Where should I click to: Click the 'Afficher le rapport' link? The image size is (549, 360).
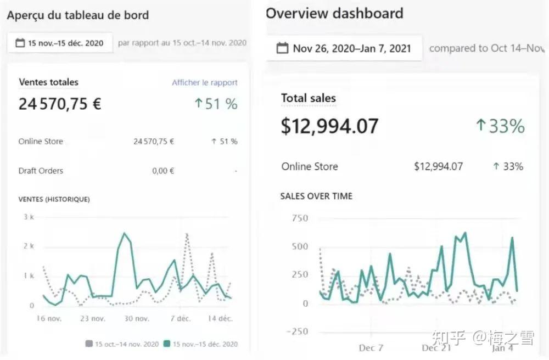click(204, 82)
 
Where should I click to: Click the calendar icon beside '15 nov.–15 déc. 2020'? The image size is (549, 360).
click(20, 43)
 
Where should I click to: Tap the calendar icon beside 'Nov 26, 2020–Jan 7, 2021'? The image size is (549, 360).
click(283, 48)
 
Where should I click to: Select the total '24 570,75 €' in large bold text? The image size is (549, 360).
click(60, 104)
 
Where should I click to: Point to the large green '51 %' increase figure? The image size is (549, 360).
click(216, 104)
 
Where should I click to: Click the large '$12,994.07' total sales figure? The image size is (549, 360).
click(329, 126)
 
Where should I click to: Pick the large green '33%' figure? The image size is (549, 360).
click(500, 126)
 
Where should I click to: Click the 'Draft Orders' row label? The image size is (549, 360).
click(41, 171)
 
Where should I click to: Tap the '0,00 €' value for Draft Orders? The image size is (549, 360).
click(163, 171)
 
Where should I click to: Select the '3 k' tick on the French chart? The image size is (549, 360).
click(29, 217)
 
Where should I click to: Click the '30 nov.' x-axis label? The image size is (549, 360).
click(137, 318)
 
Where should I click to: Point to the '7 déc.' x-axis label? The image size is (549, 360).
click(180, 318)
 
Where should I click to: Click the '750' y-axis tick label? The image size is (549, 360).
click(300, 218)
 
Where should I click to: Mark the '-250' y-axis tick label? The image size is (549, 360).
click(297, 331)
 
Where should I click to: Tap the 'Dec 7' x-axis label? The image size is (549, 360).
click(371, 348)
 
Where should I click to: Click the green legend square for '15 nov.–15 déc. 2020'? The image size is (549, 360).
click(167, 344)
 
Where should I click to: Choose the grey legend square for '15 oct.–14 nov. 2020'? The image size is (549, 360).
click(89, 344)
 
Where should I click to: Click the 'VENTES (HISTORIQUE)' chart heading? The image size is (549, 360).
click(54, 199)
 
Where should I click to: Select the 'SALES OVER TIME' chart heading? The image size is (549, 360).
click(316, 196)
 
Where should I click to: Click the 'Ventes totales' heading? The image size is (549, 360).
click(49, 82)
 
